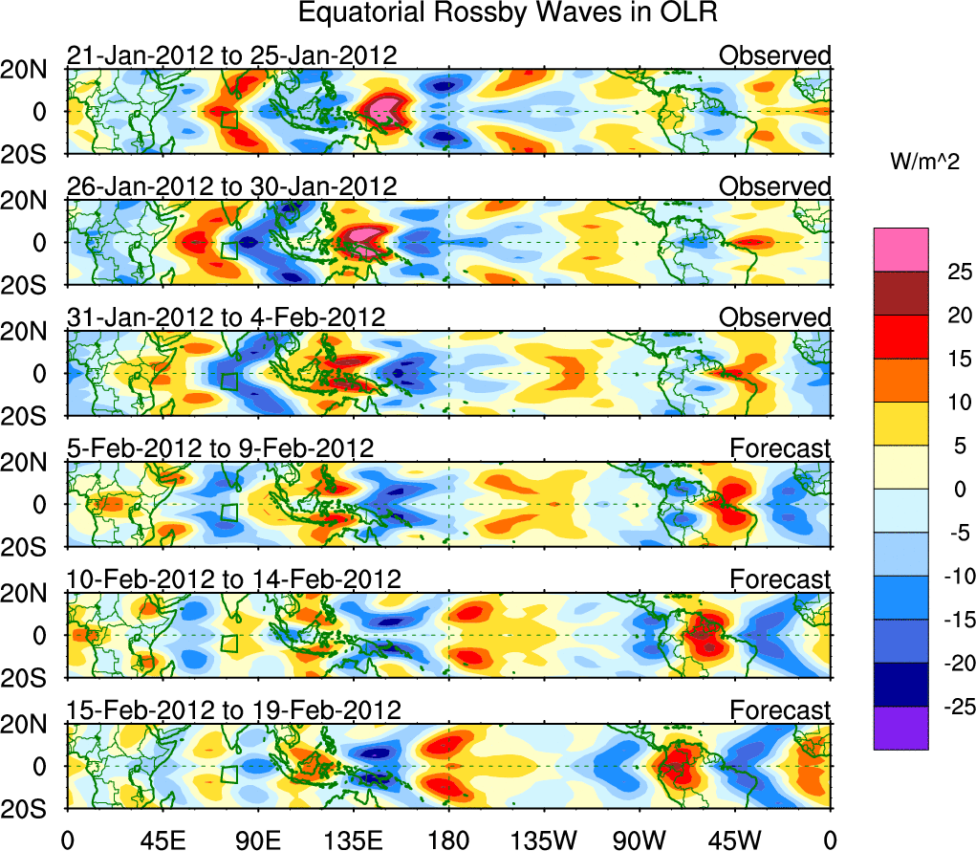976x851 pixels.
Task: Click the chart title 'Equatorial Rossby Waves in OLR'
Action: tap(508, 13)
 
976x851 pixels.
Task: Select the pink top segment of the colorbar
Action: tap(900, 249)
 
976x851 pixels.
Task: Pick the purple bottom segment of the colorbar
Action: tap(900, 728)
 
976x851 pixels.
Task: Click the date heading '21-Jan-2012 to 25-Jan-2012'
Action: tap(231, 55)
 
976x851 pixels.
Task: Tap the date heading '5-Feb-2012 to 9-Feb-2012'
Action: tap(220, 447)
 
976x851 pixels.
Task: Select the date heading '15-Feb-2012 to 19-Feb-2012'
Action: tap(233, 709)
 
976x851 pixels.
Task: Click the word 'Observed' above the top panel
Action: tap(774, 55)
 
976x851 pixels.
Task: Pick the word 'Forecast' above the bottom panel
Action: tap(780, 709)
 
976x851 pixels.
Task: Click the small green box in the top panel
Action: tap(228, 120)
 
